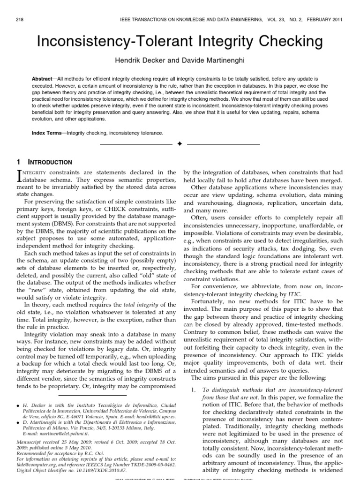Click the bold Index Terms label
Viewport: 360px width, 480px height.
pyautogui.click(x=48, y=133)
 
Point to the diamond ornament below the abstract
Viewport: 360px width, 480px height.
pyautogui.click(x=180, y=143)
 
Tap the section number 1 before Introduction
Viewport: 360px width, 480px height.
pyautogui.click(x=18, y=162)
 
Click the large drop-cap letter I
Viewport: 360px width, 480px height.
pyautogui.click(x=19, y=176)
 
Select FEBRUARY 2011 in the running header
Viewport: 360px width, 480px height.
pyautogui.click(x=326, y=19)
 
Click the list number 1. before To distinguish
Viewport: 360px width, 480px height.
pyautogui.click(x=193, y=390)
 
